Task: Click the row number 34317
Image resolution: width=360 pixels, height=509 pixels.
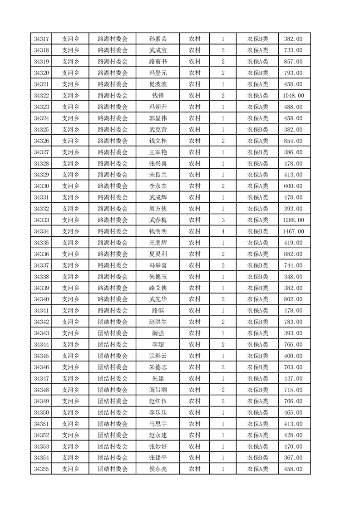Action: coord(41,39)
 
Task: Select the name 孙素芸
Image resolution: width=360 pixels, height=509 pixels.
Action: coord(158,39)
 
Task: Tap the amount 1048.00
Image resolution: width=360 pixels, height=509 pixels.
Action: coord(293,96)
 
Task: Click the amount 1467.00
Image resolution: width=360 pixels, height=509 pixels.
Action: coord(293,231)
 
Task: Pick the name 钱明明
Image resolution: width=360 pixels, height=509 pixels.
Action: coord(158,231)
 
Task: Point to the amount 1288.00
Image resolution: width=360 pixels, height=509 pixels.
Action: coord(293,220)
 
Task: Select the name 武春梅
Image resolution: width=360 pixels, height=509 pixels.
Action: coord(158,220)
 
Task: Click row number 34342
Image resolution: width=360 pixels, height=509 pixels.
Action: coord(41,322)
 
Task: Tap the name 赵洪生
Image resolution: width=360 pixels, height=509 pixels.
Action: coord(158,322)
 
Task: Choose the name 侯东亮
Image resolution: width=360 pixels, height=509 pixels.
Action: coord(158,469)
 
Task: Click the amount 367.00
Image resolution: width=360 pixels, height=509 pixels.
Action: coord(293,458)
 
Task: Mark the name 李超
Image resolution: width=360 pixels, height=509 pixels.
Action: coord(158,345)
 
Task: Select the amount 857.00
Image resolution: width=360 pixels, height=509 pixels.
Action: coord(293,62)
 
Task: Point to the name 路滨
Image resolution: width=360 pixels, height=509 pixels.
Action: coord(158,311)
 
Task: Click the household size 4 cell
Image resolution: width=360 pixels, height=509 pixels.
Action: coord(223,231)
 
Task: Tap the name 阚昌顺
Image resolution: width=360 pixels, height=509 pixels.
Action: coord(158,390)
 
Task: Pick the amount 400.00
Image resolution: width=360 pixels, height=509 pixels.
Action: coord(293,356)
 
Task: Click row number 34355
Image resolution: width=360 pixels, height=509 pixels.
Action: coord(41,469)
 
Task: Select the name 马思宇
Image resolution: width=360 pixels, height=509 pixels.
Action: coord(158,424)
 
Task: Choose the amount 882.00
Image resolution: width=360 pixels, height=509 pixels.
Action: coord(293,254)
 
